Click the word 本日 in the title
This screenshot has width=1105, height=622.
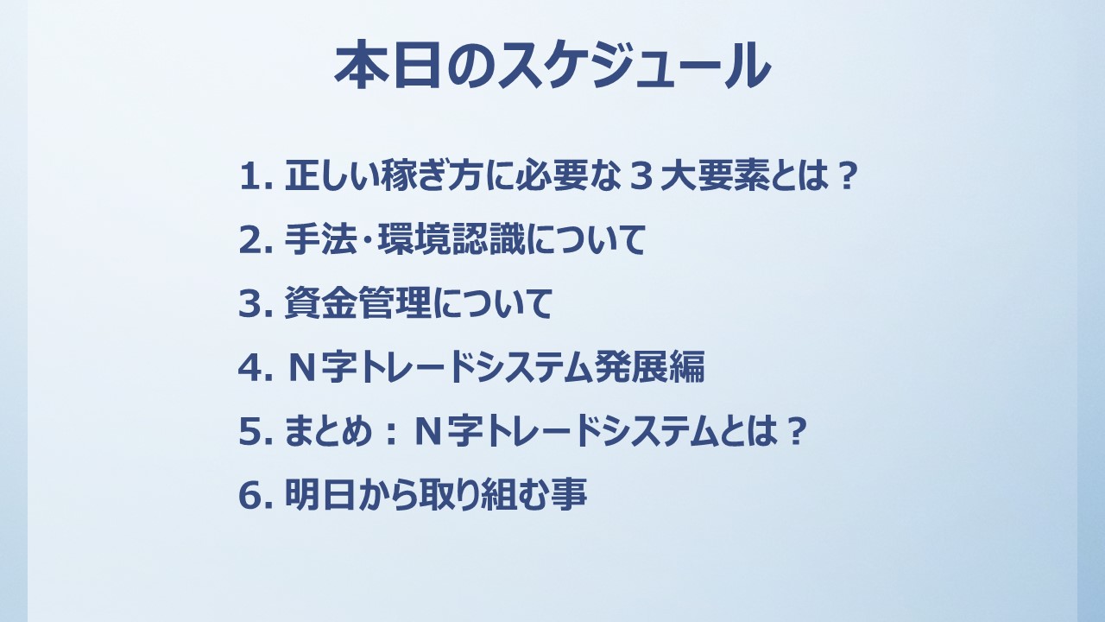(x=388, y=65)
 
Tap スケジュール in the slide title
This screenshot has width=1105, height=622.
(x=634, y=65)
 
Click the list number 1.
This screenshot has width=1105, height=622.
(x=256, y=176)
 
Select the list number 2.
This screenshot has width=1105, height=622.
(x=256, y=240)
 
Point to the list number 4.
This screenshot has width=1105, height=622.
(x=256, y=367)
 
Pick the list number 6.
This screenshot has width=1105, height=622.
(x=256, y=495)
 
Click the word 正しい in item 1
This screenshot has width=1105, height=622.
(x=332, y=175)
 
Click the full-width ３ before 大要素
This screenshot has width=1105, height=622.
(x=643, y=176)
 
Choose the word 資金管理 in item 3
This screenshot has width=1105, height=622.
(x=358, y=303)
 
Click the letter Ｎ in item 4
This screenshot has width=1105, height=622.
(x=302, y=368)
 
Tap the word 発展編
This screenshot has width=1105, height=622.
(x=650, y=367)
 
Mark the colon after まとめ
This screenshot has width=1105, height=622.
(x=391, y=432)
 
